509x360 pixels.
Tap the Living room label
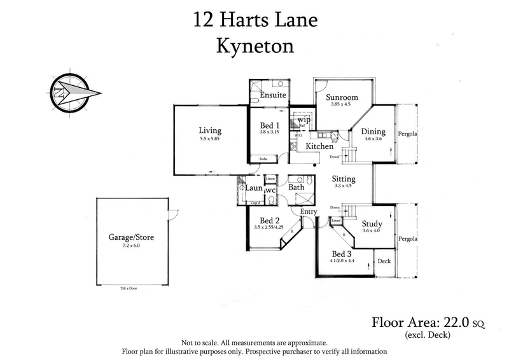(x=210, y=131)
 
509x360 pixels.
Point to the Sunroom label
(x=342, y=98)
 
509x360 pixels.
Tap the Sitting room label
(x=344, y=179)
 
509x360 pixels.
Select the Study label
(x=372, y=224)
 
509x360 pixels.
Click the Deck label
(x=384, y=261)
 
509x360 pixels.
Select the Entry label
(x=308, y=211)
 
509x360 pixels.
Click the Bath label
(x=296, y=188)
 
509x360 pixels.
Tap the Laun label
(x=254, y=189)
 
